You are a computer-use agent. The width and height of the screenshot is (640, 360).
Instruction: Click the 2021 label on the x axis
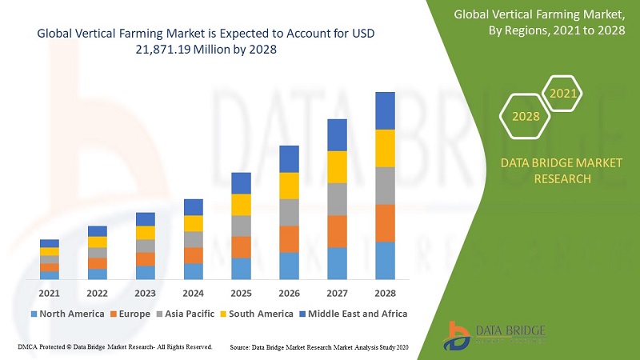point(50,293)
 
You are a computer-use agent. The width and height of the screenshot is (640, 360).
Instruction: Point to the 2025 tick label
point(241,293)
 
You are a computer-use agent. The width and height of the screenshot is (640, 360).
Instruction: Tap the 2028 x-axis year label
point(385,293)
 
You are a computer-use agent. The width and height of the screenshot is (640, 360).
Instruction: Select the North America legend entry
point(67,314)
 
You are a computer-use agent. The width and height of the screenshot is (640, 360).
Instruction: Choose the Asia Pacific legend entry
point(186,314)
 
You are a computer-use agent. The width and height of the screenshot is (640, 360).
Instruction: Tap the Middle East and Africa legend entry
point(353,314)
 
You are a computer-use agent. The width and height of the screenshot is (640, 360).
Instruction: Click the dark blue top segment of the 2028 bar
point(385,110)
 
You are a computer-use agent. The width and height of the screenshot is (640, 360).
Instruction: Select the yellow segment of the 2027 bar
point(337,166)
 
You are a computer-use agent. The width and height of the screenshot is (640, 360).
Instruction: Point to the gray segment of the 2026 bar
point(289,212)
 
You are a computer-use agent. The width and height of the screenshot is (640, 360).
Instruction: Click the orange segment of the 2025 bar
point(241,247)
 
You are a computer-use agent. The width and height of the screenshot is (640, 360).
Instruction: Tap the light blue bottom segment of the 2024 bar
point(193,271)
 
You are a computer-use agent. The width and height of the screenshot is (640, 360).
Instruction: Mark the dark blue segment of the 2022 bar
point(98,231)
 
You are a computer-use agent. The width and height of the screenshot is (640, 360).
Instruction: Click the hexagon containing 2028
point(526,117)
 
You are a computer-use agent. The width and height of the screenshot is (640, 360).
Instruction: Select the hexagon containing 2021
point(563,94)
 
